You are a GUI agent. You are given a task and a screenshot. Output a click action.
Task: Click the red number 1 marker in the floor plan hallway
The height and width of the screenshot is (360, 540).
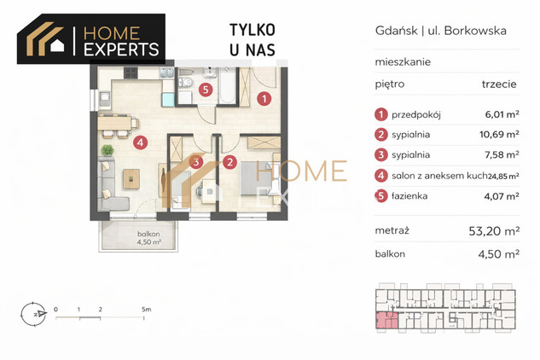click(x=264, y=99)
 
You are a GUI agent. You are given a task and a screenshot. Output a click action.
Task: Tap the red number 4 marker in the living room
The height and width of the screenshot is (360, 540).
click(x=141, y=142)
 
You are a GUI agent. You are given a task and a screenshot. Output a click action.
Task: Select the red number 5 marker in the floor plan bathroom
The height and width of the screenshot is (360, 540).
click(x=206, y=90)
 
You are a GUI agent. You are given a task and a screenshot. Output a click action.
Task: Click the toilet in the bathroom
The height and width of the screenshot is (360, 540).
click(x=186, y=82)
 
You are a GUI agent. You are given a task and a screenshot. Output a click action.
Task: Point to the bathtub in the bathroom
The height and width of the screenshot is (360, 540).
click(x=227, y=85)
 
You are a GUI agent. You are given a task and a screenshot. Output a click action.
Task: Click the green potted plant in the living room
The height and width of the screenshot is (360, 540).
click(x=107, y=150)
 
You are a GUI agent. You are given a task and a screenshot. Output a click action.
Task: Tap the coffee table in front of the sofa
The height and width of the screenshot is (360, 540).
click(x=131, y=178)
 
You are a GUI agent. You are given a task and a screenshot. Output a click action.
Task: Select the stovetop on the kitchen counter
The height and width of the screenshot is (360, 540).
click(x=131, y=73)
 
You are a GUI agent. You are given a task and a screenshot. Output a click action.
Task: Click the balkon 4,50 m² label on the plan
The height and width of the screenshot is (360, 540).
click(x=148, y=238)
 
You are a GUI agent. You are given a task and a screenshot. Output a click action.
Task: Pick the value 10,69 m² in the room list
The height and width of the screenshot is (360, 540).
click(x=499, y=134)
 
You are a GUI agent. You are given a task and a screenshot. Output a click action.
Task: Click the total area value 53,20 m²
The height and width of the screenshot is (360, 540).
click(x=494, y=231)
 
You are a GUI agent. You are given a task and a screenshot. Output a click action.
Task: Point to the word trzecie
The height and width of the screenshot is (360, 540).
click(x=499, y=84)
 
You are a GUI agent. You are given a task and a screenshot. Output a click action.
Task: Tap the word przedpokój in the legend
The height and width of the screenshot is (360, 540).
click(x=416, y=114)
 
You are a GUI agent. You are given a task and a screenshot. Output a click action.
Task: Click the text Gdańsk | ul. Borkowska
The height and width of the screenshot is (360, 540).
click(x=441, y=31)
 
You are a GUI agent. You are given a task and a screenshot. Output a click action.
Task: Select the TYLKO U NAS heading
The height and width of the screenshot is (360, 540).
click(x=253, y=39)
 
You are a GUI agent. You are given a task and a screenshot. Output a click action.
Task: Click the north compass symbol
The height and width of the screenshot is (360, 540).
click(x=33, y=314)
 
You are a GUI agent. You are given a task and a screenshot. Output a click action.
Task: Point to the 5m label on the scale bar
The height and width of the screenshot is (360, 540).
click(x=147, y=310)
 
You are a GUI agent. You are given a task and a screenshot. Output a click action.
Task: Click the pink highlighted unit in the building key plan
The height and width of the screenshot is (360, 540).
click(x=386, y=320)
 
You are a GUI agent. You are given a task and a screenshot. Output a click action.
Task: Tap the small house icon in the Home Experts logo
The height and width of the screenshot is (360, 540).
click(x=57, y=45)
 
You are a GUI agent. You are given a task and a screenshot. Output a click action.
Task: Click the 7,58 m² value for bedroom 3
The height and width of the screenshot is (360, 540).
click(x=502, y=154)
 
